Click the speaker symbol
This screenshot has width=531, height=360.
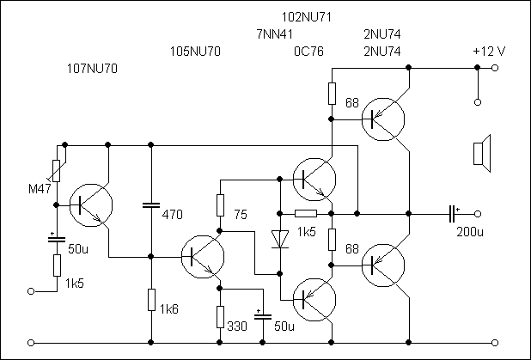482,154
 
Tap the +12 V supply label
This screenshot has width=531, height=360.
489,52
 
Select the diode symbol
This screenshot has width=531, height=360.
280,240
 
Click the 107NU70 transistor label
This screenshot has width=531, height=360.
93,69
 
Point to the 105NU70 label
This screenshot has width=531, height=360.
195,52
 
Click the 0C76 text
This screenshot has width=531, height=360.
308,52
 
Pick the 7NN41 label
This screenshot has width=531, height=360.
274,34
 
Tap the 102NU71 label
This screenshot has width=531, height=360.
307,17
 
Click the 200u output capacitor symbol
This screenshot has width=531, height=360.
451,214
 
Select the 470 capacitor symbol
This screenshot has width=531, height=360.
151,205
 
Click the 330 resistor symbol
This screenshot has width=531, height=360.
220,317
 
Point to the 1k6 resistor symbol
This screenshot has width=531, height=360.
151,300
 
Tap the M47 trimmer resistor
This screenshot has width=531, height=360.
57,171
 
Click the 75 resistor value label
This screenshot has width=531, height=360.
241,215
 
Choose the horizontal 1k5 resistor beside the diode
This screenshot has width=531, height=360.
306,214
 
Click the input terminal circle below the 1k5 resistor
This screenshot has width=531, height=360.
31,291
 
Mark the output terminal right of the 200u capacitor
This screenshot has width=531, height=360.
478,214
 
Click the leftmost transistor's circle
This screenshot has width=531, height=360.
91,205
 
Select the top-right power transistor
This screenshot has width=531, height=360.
383,119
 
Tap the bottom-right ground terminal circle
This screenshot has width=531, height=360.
495,343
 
